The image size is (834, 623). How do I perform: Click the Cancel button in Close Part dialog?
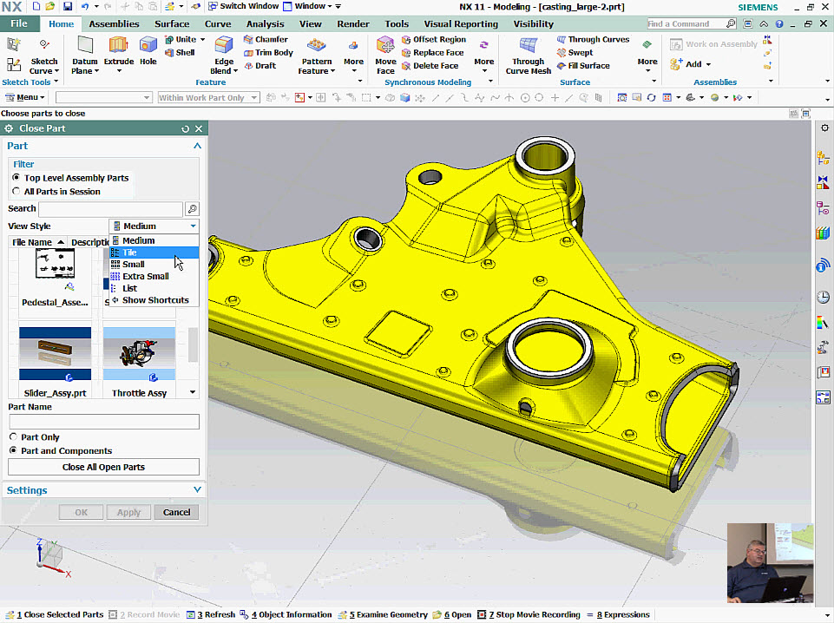(x=176, y=512)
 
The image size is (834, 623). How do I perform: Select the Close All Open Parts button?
(x=103, y=467)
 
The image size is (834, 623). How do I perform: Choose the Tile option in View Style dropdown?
(x=129, y=252)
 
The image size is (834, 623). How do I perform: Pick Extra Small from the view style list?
(x=145, y=276)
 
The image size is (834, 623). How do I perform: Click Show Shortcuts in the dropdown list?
(x=154, y=300)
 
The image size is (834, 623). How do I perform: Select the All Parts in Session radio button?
(x=16, y=192)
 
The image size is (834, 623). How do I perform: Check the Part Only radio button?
(x=14, y=437)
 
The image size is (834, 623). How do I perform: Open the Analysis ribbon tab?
(x=265, y=24)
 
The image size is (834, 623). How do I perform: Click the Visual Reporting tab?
(x=461, y=24)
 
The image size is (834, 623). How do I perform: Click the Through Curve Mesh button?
(x=528, y=55)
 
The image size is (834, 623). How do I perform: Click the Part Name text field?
(x=103, y=422)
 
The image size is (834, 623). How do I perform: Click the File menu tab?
(x=19, y=24)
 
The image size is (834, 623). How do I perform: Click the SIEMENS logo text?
(x=758, y=7)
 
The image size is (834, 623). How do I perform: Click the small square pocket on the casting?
(x=398, y=331)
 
